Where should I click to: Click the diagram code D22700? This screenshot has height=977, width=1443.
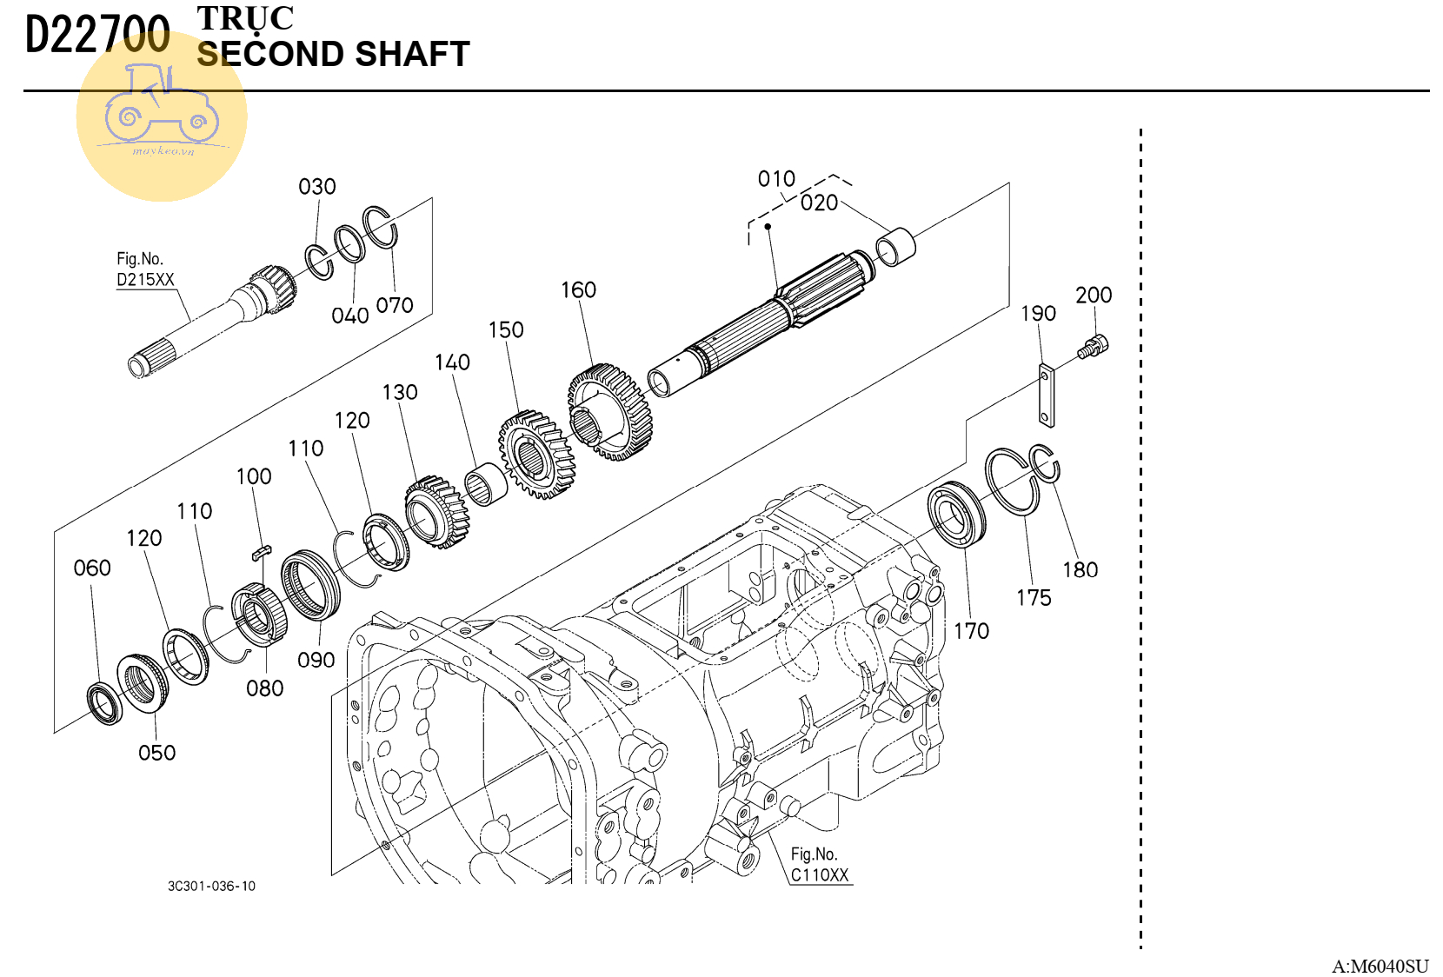tap(97, 36)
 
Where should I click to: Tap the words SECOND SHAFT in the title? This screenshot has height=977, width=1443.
tap(333, 55)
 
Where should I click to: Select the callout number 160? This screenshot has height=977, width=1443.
tap(578, 290)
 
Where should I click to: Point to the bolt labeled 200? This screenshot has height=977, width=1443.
tap(1094, 347)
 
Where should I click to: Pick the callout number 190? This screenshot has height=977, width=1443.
tap(1038, 314)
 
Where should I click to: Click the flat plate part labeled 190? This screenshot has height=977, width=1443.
tap(1047, 395)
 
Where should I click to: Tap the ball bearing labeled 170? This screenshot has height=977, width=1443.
tap(956, 515)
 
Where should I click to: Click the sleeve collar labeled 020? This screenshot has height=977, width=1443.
tap(894, 246)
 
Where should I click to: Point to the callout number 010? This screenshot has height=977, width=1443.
tap(776, 179)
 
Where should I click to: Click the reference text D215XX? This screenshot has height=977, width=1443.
tap(145, 280)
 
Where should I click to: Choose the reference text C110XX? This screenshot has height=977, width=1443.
tap(819, 875)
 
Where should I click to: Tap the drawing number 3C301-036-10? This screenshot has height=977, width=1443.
tap(211, 887)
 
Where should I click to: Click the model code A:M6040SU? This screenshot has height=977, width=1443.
tap(1380, 966)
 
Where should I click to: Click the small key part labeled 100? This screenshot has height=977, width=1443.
tap(262, 551)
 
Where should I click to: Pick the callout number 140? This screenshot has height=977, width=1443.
tap(452, 362)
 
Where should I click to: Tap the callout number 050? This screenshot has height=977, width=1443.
tap(156, 753)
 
